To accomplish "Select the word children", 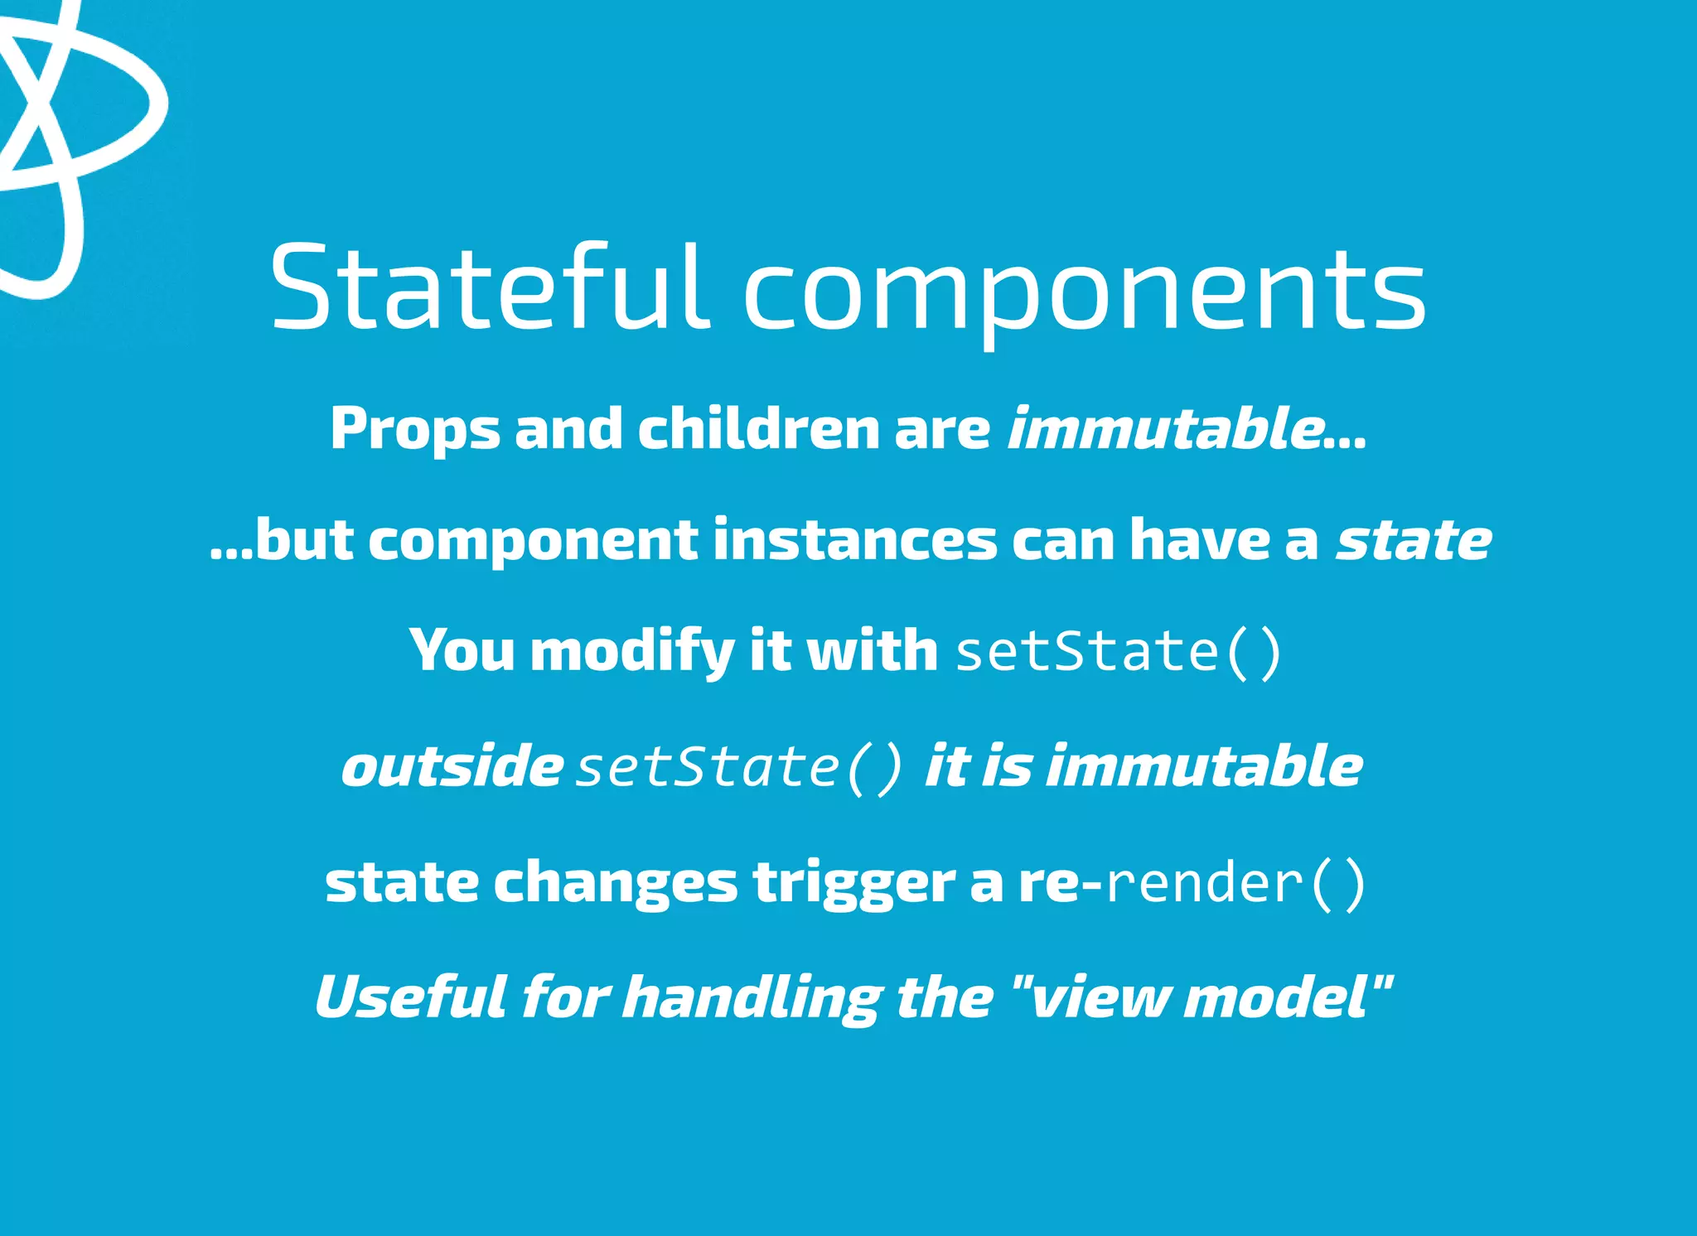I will coord(758,429).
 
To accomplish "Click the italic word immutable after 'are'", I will coord(1164,429).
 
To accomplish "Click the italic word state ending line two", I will coord(1414,540).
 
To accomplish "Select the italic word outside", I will coord(452,766).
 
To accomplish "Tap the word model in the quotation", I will coord(1277,997).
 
